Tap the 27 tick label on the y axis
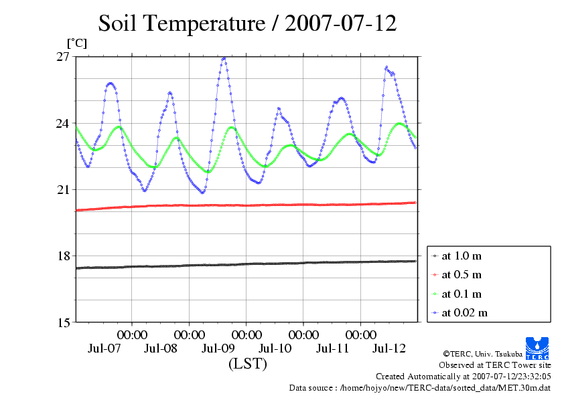63,57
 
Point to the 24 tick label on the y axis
63,123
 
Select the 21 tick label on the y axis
63,189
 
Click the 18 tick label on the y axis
63,256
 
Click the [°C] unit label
76,43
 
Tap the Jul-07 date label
104,349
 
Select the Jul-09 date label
218,349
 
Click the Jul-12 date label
389,349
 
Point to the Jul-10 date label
275,349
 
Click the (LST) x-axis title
247,365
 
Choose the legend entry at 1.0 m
462,256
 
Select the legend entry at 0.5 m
462,274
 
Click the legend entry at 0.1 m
462,294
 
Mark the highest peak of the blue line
224,58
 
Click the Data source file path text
420,387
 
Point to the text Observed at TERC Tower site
495,365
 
